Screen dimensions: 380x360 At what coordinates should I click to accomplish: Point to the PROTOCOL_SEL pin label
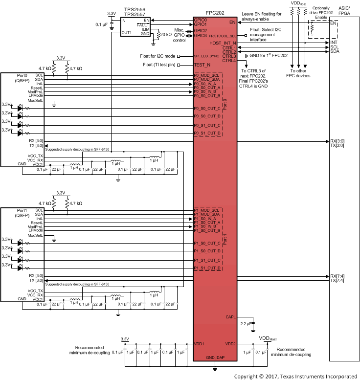[224, 35]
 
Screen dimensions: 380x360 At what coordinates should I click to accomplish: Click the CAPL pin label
[231, 317]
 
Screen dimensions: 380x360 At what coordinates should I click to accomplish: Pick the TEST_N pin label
[202, 65]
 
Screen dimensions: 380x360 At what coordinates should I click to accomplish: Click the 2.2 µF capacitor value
[247, 323]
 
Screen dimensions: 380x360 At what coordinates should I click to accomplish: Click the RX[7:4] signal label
[337, 276]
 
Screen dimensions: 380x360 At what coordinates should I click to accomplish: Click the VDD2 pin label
[231, 343]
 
